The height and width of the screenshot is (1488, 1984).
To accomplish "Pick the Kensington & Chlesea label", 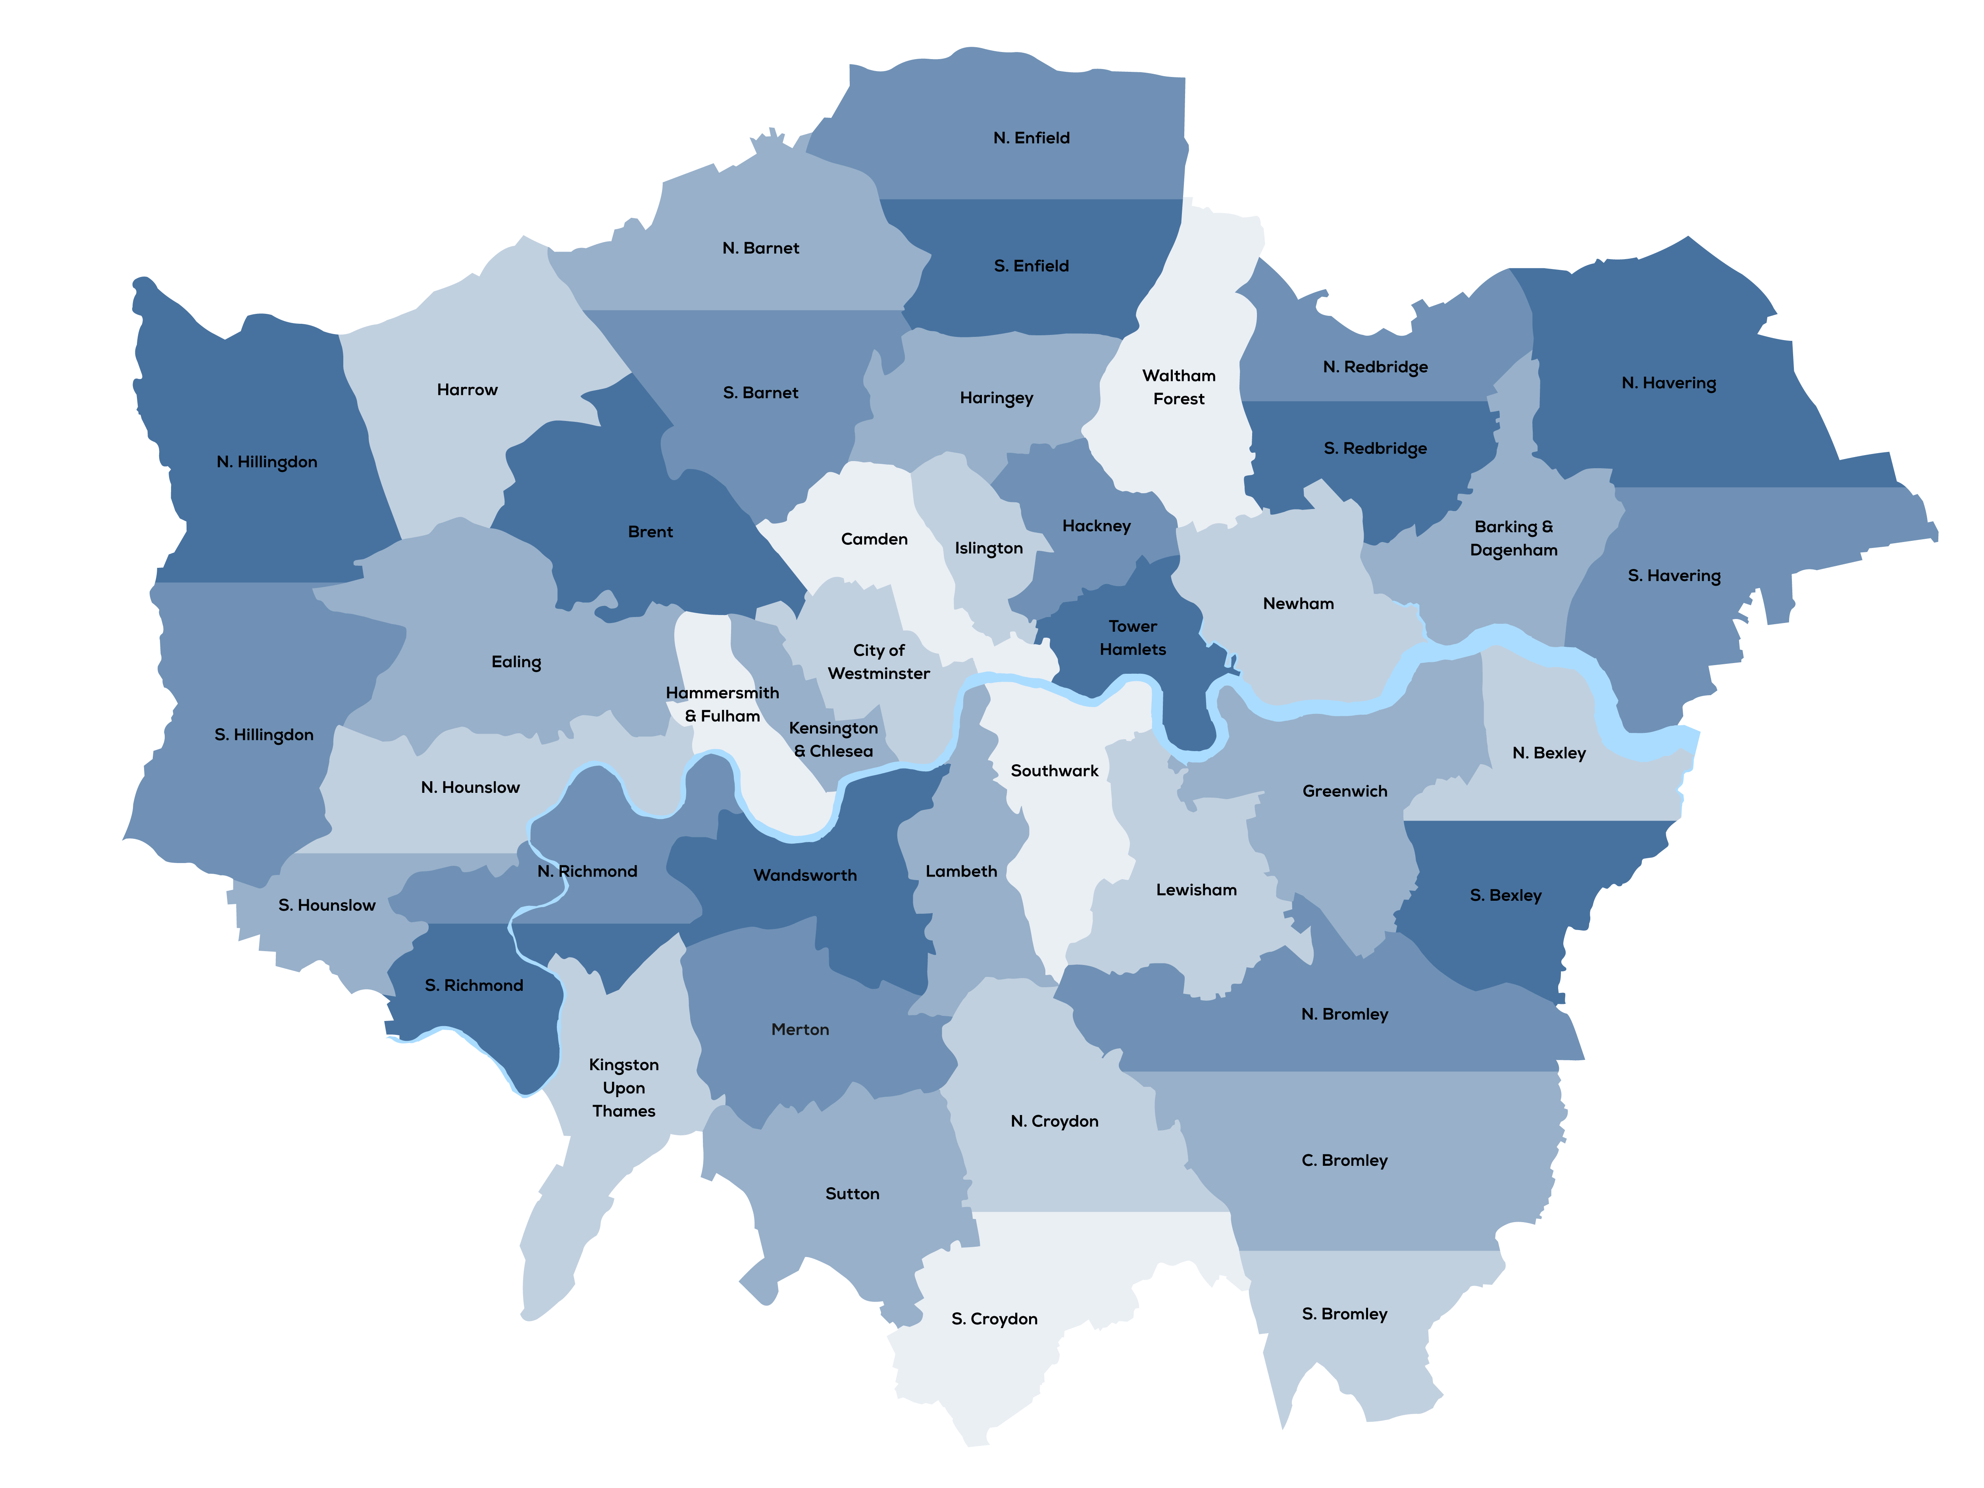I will pos(833,740).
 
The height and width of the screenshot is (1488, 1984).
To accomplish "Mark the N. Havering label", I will pos(1668,383).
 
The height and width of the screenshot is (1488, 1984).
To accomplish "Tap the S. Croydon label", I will pos(994,1319).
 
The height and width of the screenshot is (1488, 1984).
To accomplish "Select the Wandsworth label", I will pos(804,875).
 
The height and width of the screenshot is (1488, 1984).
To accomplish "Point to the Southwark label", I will pos(1054,771).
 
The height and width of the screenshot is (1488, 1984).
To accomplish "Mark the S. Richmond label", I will pos(473,986).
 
